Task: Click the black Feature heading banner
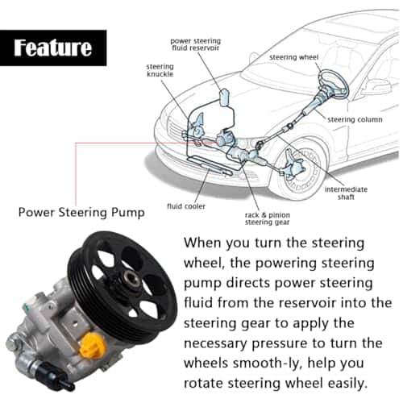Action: (53, 48)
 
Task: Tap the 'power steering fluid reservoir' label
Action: (196, 44)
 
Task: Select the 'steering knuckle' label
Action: (160, 70)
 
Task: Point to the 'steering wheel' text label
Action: (293, 57)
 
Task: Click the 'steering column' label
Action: (355, 119)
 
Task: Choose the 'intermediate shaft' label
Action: (346, 193)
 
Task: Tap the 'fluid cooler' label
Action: (186, 206)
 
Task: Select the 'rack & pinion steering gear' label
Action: (268, 218)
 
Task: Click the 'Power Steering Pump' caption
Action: (81, 213)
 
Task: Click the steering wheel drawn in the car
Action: (334, 83)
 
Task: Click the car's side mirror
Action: (376, 86)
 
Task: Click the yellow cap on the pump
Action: (92, 345)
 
